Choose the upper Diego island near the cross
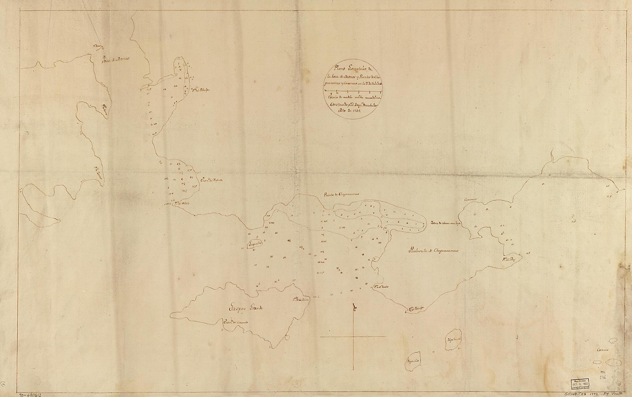454,340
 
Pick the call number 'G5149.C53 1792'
585,394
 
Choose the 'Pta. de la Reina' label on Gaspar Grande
301,299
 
